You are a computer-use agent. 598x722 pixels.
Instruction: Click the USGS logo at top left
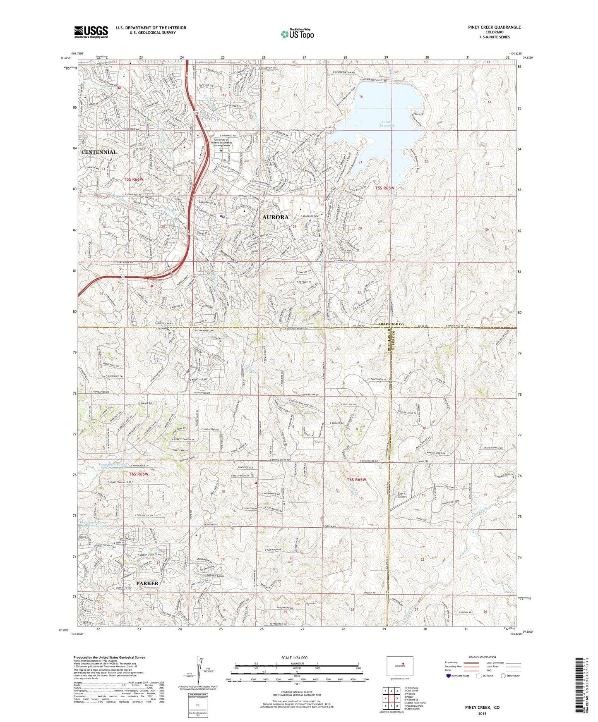click(x=91, y=32)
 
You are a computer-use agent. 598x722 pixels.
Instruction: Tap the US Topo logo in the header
click(x=297, y=34)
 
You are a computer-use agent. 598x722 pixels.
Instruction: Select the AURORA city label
click(x=275, y=217)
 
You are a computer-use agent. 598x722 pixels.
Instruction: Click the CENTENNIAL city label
click(x=99, y=152)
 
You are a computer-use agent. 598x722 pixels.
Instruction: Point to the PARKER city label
click(x=147, y=583)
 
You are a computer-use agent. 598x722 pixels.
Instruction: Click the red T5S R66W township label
click(x=134, y=179)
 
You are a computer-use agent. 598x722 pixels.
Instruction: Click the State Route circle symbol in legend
click(x=503, y=676)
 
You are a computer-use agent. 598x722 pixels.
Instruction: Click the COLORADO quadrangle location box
click(x=400, y=666)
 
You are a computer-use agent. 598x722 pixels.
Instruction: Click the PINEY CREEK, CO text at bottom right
click(x=482, y=708)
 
